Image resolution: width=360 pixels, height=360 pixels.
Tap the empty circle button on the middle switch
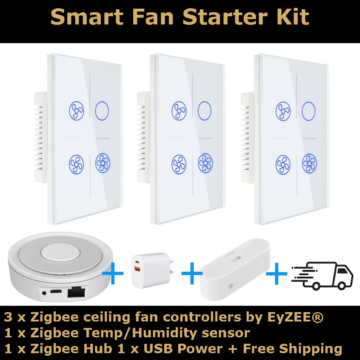point(204,110)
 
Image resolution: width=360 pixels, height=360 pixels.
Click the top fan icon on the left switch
point(76,111)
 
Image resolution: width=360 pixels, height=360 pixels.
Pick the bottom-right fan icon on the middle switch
point(205,163)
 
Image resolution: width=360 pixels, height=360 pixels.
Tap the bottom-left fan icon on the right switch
point(283,165)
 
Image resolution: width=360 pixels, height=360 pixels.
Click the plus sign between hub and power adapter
point(113,274)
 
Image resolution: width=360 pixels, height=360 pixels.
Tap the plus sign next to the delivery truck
point(276,274)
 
